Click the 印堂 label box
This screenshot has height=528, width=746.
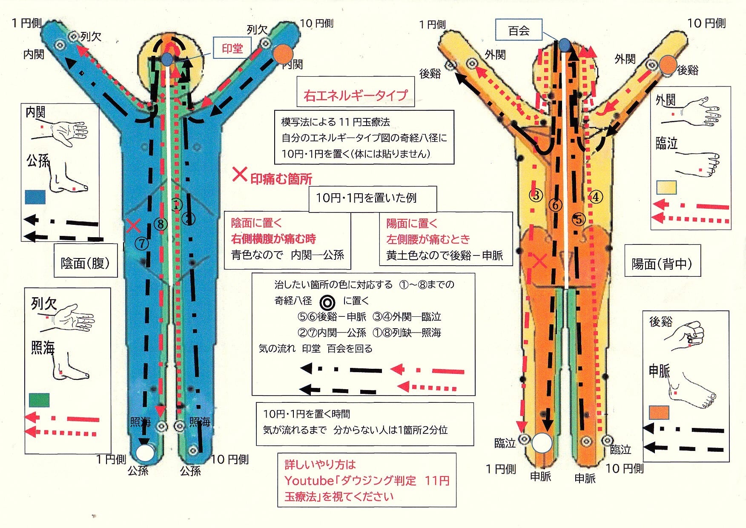232,49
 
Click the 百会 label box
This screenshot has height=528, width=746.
519,31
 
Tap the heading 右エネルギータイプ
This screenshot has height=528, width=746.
356,95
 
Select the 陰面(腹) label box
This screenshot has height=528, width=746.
86,263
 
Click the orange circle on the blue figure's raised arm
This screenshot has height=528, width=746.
283,55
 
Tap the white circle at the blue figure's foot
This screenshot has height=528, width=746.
145,453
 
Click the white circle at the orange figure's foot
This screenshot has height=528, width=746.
542,443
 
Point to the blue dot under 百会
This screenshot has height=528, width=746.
564,44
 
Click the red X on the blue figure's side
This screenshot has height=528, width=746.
134,226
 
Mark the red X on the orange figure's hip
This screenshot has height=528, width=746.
539,260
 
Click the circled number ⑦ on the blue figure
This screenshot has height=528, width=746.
142,244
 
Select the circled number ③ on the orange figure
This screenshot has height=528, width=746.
536,195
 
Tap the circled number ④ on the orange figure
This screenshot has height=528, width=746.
596,197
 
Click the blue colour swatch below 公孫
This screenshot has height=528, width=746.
35,197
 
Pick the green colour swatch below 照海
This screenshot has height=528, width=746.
39,400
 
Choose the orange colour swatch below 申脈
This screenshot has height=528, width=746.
659,413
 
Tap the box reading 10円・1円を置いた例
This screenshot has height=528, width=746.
366,198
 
